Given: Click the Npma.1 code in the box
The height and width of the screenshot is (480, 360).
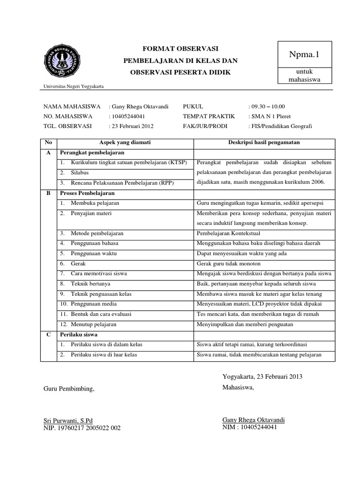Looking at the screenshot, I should (x=305, y=55).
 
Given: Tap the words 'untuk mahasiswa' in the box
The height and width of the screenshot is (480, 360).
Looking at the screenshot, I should (x=305, y=75).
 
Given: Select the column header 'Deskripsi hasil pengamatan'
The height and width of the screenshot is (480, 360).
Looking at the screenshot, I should (x=263, y=142).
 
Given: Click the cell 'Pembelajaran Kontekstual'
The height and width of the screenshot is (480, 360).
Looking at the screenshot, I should (x=227, y=233).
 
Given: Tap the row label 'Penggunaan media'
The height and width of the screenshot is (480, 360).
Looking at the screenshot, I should (x=94, y=304).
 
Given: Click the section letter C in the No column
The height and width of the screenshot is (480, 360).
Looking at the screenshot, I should (x=48, y=334).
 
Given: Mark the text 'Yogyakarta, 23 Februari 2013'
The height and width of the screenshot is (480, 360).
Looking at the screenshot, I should (x=262, y=377).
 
